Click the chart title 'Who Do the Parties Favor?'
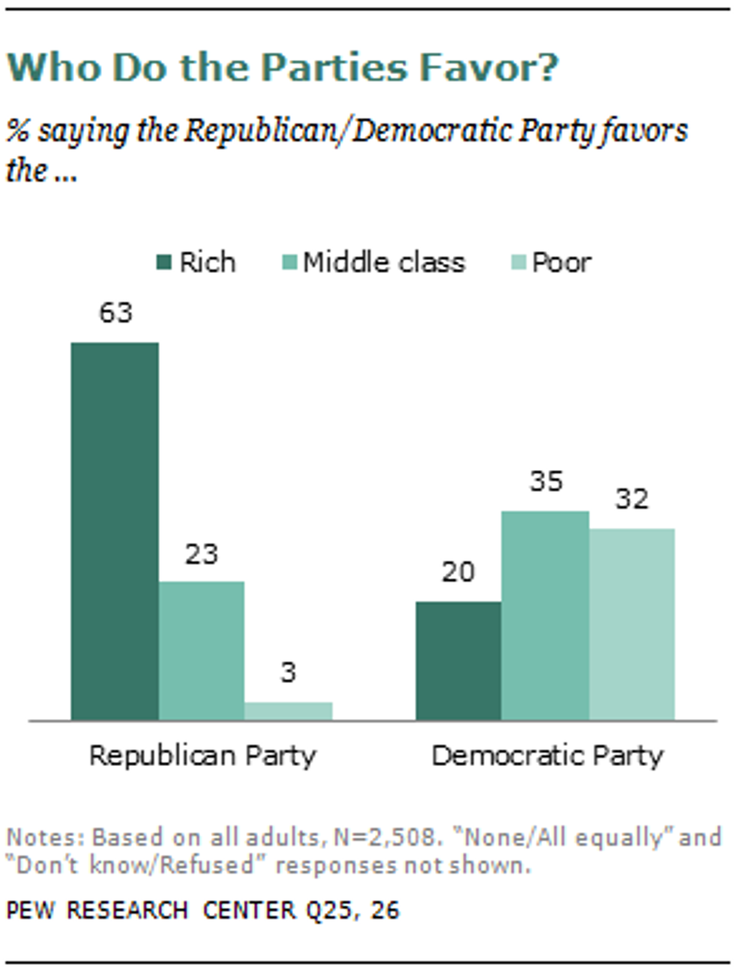coord(282,67)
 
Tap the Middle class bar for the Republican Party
coord(201,650)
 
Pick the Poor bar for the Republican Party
coord(288,711)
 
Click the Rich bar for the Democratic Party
coord(458,660)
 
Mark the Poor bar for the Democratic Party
coord(631,624)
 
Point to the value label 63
coord(115,313)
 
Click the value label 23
coord(201,555)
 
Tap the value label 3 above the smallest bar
coord(288,672)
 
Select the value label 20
coord(458,573)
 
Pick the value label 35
coord(546,481)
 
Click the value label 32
coord(631,499)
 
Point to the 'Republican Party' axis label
coord(202,756)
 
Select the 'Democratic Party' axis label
coord(547,756)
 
